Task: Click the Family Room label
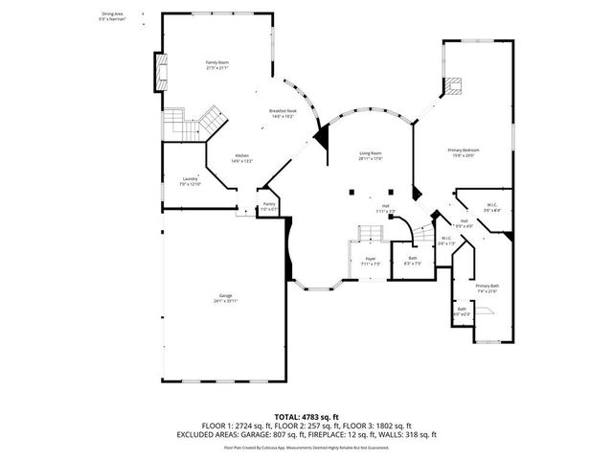point(217,63)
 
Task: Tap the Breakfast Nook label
point(281,112)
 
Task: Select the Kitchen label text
point(241,156)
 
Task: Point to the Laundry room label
point(190,178)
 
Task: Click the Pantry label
point(269,204)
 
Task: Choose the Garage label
point(225,296)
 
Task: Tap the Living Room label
point(371,153)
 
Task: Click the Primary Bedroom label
point(463,150)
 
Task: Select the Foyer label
point(370,259)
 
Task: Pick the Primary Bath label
point(487,286)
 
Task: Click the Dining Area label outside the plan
point(113,15)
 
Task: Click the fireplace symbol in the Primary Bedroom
point(453,86)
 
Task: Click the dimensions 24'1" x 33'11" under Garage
point(225,301)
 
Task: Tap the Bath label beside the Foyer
point(412,257)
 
